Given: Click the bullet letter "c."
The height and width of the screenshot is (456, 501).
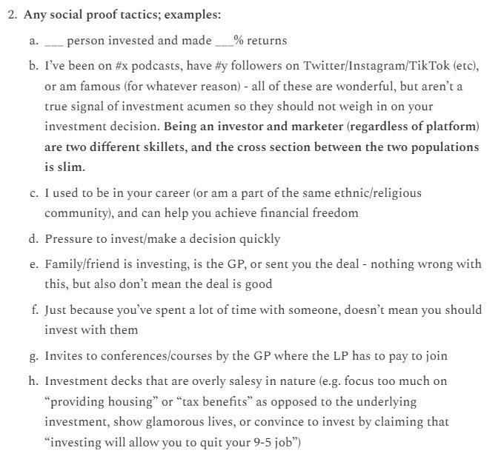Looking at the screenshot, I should [x=34, y=193].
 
